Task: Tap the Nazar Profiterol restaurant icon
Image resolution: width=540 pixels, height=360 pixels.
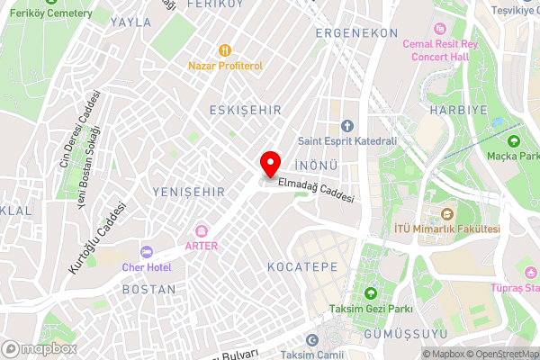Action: click(224, 51)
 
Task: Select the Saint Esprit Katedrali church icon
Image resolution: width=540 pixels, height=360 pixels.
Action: click(347, 125)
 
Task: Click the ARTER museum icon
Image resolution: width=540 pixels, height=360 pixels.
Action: click(201, 231)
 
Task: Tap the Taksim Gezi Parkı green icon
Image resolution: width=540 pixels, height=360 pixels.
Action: click(369, 294)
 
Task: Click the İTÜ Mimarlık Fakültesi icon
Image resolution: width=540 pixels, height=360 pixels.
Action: click(447, 214)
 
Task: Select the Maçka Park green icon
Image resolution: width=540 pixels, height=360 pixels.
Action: click(514, 140)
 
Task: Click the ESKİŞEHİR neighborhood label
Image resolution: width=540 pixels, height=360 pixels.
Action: click(245, 110)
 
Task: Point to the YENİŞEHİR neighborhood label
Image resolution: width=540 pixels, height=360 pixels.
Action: click(188, 193)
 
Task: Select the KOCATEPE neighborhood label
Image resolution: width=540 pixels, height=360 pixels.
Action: click(302, 267)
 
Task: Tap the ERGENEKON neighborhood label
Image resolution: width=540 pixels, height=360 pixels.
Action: click(356, 32)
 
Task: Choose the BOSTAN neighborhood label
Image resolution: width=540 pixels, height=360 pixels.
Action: click(148, 290)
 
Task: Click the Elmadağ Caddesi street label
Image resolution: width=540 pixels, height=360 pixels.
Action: click(316, 190)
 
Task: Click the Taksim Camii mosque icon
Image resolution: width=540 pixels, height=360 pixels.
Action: click(312, 340)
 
